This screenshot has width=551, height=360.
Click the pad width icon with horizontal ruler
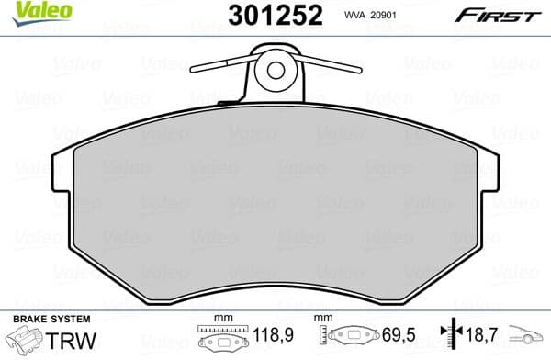tap(223, 337)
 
